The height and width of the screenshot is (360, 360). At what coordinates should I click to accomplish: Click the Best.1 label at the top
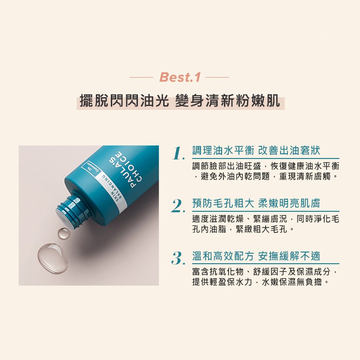pyautogui.click(x=180, y=77)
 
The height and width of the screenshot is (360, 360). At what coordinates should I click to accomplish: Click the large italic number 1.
pyautogui.click(x=179, y=153)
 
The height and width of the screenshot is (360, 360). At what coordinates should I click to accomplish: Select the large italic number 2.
pyautogui.click(x=178, y=206)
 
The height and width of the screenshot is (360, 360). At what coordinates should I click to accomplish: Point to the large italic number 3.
pyautogui.click(x=178, y=259)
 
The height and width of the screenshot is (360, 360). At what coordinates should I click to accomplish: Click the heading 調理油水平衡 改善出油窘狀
pyautogui.click(x=256, y=151)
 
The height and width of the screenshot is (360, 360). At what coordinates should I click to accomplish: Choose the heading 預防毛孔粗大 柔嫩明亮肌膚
pyautogui.click(x=256, y=203)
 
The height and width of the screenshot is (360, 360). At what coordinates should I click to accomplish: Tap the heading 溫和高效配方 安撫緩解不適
pyautogui.click(x=256, y=256)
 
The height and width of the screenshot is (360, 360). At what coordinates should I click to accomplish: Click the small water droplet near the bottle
pyautogui.click(x=64, y=233)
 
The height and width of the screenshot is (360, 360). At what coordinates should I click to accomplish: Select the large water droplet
pyautogui.click(x=52, y=258)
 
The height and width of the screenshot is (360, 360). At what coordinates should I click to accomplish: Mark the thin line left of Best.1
pyautogui.click(x=141, y=77)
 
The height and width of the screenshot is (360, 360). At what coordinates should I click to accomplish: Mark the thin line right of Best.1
pyautogui.click(x=217, y=77)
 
